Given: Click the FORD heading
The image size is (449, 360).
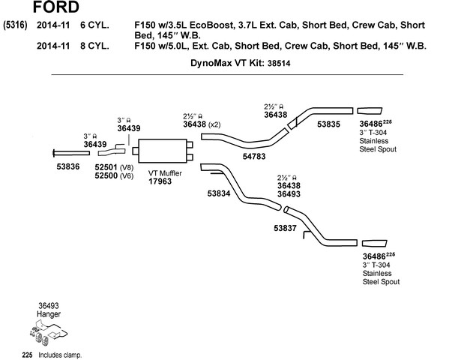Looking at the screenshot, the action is pyautogui.click(x=56, y=7).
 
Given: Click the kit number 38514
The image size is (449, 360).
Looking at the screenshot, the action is pyautogui.click(x=279, y=63).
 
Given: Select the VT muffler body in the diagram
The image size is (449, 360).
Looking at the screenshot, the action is pyautogui.click(x=163, y=151).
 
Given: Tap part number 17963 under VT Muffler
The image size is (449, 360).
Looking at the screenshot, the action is pyautogui.click(x=160, y=181).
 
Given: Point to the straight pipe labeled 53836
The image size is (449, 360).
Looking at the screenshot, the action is pyautogui.click(x=71, y=153).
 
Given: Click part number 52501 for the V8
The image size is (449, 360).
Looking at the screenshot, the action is pyautogui.click(x=106, y=167).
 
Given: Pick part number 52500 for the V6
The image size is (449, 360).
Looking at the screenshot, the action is pyautogui.click(x=106, y=175).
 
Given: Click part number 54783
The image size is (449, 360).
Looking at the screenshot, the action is pyautogui.click(x=254, y=157).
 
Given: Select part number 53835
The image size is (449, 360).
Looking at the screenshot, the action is pyautogui.click(x=329, y=124).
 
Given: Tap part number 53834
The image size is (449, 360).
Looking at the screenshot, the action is pyautogui.click(x=219, y=193).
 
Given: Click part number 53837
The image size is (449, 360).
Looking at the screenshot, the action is pyautogui.click(x=285, y=228).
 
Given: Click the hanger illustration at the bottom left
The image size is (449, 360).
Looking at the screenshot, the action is pyautogui.click(x=48, y=333).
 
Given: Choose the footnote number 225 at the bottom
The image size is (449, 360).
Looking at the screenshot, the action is pyautogui.click(x=27, y=355).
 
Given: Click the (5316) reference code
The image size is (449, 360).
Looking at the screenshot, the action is pyautogui.click(x=15, y=25).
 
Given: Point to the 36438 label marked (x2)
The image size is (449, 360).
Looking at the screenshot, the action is pyautogui.click(x=195, y=124).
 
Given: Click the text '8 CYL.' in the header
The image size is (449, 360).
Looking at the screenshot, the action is pyautogui.click(x=94, y=46).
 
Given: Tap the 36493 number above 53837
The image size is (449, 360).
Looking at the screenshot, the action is pyautogui.click(x=289, y=194).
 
